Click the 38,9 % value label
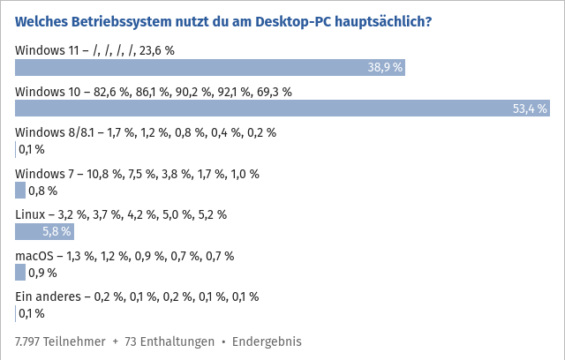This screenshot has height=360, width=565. click(x=385, y=67)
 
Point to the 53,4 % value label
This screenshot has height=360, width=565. click(x=530, y=108)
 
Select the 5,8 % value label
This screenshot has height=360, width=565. click(x=56, y=231)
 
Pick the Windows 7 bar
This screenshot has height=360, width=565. click(x=20, y=190)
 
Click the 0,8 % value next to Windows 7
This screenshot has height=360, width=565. click(x=42, y=190)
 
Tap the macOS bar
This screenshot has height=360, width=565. click(x=20, y=272)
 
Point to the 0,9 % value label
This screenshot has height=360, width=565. click(x=42, y=272)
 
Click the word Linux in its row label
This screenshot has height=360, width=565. click(x=31, y=214)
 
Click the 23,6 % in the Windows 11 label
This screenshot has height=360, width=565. click(x=156, y=50)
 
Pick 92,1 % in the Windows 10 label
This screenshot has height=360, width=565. click(x=231, y=92)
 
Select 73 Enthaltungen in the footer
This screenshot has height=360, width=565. click(x=169, y=341)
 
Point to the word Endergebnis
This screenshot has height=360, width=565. click(x=267, y=341)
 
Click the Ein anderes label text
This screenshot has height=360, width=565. click(x=49, y=296)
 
